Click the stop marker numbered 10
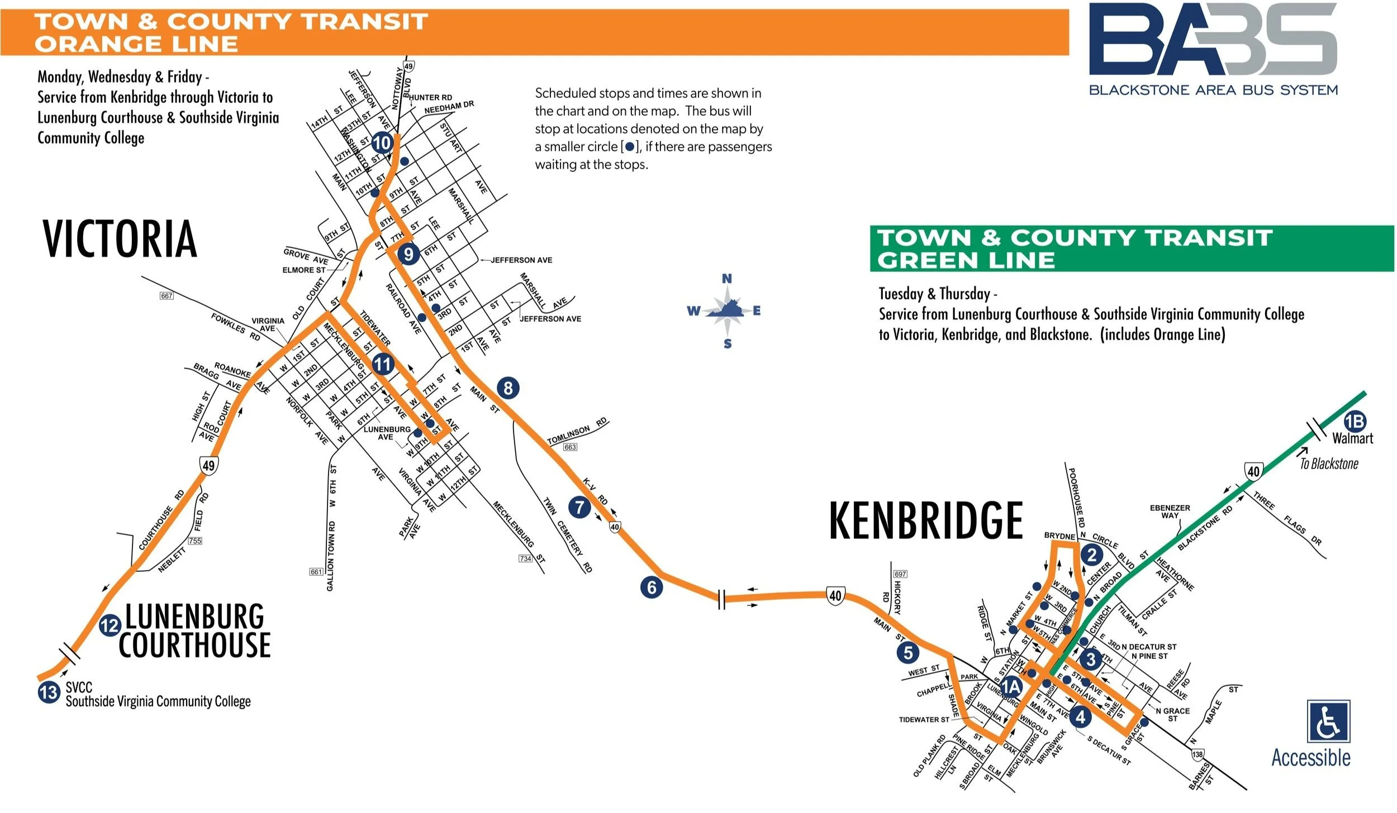(x=382, y=143)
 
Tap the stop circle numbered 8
(x=508, y=388)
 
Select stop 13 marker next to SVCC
(x=49, y=692)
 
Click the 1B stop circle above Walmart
(x=1355, y=421)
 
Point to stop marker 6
(x=652, y=587)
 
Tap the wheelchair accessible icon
(x=1329, y=721)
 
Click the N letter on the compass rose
(x=726, y=279)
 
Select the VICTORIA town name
(x=120, y=239)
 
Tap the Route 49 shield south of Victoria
(x=208, y=465)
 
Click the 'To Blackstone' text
(x=1329, y=463)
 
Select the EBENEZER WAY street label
(x=1170, y=511)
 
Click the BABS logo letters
(x=1213, y=40)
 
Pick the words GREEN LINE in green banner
(x=966, y=261)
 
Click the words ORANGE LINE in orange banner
(x=136, y=44)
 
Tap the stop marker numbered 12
(x=110, y=625)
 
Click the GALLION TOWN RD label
(x=331, y=556)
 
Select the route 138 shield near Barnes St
(x=1197, y=754)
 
